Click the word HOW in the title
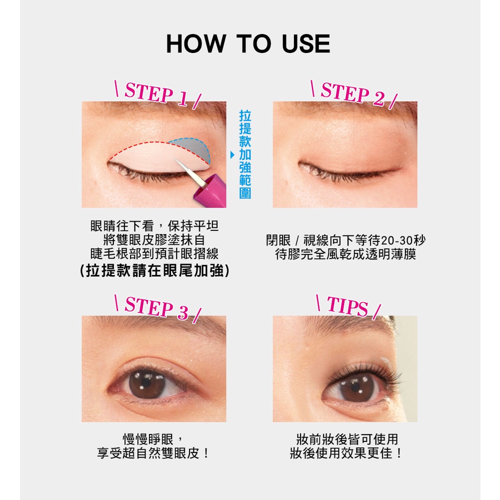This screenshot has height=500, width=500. coord(196,43)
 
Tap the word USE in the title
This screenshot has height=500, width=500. coord(306,43)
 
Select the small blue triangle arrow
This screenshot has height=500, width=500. coord(232,155)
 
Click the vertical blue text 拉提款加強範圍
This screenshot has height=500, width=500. coord(245,154)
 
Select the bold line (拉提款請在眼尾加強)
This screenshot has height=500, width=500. coord(154,270)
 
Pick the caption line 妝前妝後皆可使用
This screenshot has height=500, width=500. coord(347,439)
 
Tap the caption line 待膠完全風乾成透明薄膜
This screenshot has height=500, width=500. coord(345,254)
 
